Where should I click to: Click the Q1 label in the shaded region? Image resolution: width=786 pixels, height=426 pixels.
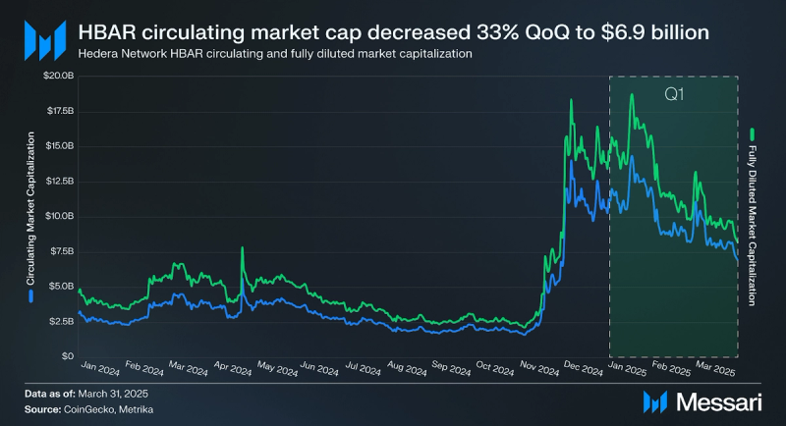(674, 96)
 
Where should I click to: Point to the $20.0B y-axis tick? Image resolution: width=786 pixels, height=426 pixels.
(55, 77)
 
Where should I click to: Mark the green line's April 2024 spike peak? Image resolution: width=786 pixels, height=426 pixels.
(242, 248)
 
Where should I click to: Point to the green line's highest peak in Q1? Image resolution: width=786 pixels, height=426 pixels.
(632, 94)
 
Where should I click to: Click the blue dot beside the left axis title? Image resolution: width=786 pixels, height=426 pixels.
(31, 293)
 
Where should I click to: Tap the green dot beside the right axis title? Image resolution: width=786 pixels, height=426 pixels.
(753, 133)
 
